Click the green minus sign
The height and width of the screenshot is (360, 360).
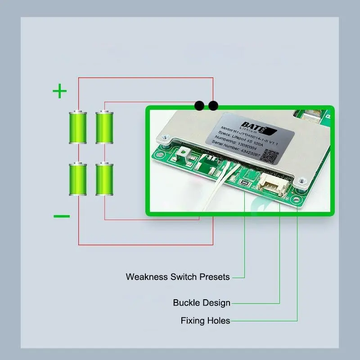coord(62,216)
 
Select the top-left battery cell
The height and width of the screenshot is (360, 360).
coord(77,127)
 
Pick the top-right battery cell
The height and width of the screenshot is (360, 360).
coord(104,127)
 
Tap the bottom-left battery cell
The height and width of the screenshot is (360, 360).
coord(77,178)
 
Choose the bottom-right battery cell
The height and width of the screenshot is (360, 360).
coord(104,178)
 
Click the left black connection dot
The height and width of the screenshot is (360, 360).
coord(199,106)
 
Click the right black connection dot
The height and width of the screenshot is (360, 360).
coord(213,106)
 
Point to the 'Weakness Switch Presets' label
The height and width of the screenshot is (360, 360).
coord(178,277)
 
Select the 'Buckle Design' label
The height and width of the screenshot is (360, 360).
coord(202,302)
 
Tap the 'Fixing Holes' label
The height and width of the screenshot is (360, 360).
coord(205,321)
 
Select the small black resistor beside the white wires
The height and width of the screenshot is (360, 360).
coord(245,183)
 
